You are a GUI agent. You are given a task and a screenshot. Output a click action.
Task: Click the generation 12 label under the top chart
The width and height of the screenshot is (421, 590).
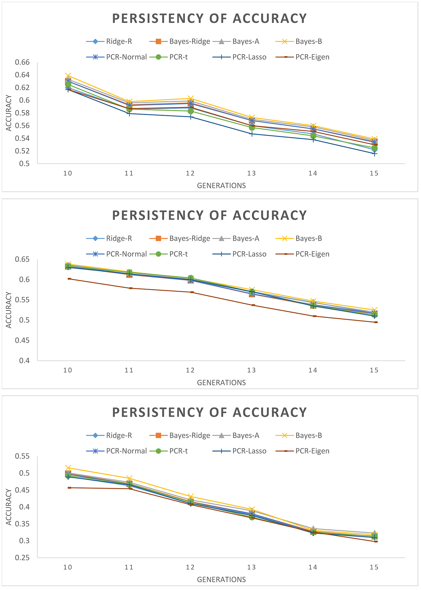(190, 173)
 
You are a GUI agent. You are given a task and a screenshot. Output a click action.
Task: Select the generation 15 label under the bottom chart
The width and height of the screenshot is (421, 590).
(374, 567)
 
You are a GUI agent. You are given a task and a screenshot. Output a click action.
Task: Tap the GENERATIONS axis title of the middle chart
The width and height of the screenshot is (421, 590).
(221, 383)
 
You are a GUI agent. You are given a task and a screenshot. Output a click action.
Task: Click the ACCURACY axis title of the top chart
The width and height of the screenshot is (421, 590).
(9, 113)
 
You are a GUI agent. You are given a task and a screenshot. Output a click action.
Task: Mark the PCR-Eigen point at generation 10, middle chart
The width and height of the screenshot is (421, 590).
(69, 279)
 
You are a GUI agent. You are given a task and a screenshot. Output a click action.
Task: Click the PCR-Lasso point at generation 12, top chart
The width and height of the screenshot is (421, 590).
(190, 117)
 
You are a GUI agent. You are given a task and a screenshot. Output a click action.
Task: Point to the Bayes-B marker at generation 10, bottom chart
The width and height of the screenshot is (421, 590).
(68, 468)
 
